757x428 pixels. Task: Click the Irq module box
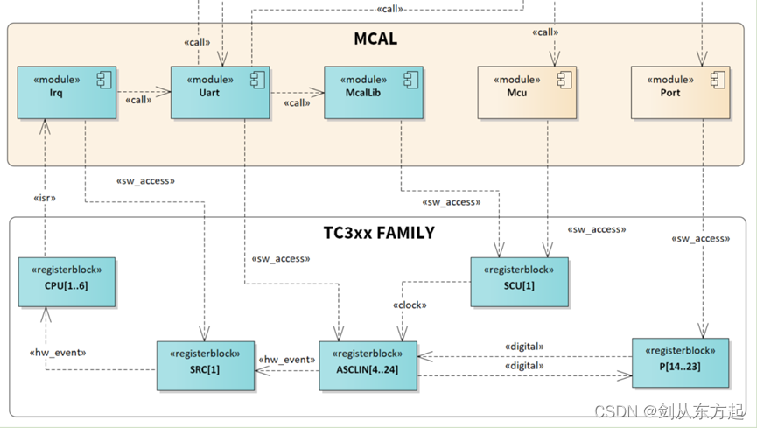click(x=66, y=91)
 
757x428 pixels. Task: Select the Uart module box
click(x=220, y=91)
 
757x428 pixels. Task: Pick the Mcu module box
click(x=527, y=91)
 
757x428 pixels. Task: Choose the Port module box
click(x=680, y=91)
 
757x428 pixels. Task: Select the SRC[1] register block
click(x=206, y=366)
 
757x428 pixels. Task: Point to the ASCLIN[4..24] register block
click(x=368, y=366)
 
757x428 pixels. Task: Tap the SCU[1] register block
click(x=519, y=282)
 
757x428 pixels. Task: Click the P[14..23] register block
click(x=680, y=362)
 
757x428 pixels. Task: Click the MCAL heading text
click(x=375, y=39)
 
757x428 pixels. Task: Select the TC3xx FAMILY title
click(x=379, y=234)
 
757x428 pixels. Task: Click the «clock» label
click(x=408, y=305)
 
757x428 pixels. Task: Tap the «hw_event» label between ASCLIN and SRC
click(x=286, y=359)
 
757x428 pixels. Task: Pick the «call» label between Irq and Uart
click(x=138, y=100)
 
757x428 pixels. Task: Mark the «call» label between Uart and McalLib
click(x=297, y=103)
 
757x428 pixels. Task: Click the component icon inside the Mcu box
click(x=564, y=81)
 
